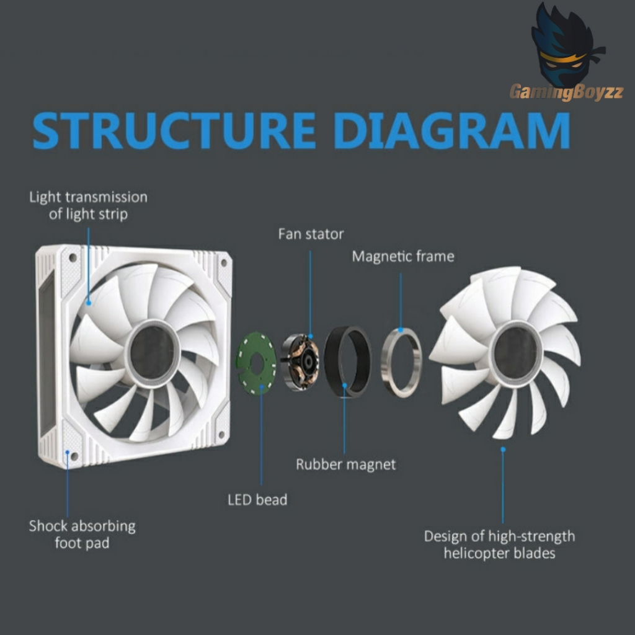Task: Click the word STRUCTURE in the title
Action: pos(174,130)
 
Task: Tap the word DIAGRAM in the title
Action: pos(452,130)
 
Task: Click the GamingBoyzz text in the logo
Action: pos(566,92)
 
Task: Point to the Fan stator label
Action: pos(311,234)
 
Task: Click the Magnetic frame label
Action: pos(403,256)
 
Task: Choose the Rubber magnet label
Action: pos(345,464)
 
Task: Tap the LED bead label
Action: pos(257,500)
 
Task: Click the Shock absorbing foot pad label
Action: pos(82,534)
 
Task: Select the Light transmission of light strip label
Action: pos(88,205)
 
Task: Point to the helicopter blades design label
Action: pos(499,544)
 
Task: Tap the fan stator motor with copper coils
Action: pos(300,362)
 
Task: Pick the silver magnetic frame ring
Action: pos(386,362)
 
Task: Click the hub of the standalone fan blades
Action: pos(515,353)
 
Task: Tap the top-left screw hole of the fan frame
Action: pos(73,257)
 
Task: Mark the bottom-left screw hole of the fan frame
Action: pos(74,456)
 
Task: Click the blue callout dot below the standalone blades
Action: pos(503,450)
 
